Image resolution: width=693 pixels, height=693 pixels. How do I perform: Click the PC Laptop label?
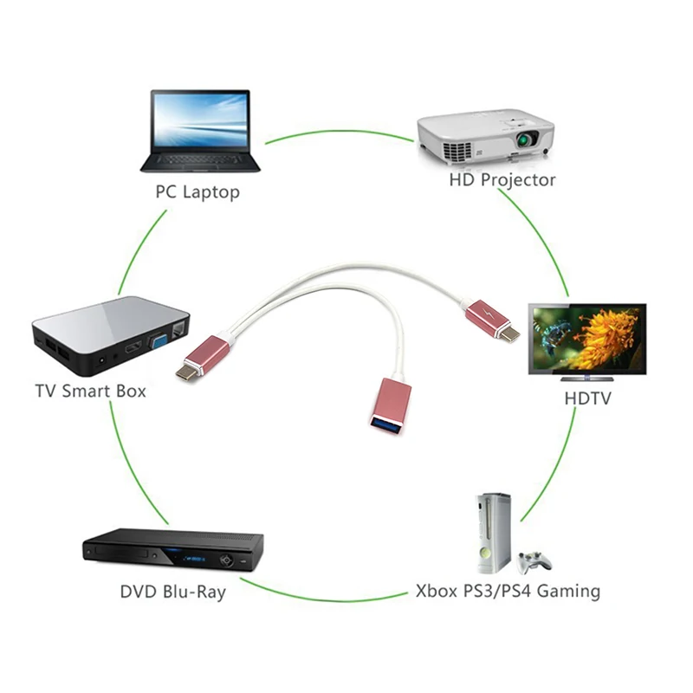(198, 192)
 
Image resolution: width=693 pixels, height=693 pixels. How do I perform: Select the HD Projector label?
(502, 180)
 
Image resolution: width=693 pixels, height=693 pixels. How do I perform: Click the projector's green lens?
(525, 140)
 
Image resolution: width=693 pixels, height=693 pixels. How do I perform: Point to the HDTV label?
(587, 398)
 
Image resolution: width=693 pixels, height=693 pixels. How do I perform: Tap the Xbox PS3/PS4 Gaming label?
(508, 591)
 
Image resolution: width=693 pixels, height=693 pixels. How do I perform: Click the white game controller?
(534, 561)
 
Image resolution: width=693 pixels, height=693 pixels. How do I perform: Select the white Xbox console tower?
(493, 533)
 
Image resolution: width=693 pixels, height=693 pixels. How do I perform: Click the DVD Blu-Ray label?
(172, 592)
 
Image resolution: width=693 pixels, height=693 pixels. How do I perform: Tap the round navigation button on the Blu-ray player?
(226, 560)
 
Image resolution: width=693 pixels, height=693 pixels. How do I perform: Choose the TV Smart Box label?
(91, 392)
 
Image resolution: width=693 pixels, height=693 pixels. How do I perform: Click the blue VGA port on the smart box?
(158, 343)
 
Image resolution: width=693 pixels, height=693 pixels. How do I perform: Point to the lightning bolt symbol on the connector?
(486, 313)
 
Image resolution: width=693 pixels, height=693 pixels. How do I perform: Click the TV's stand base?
(586, 379)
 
